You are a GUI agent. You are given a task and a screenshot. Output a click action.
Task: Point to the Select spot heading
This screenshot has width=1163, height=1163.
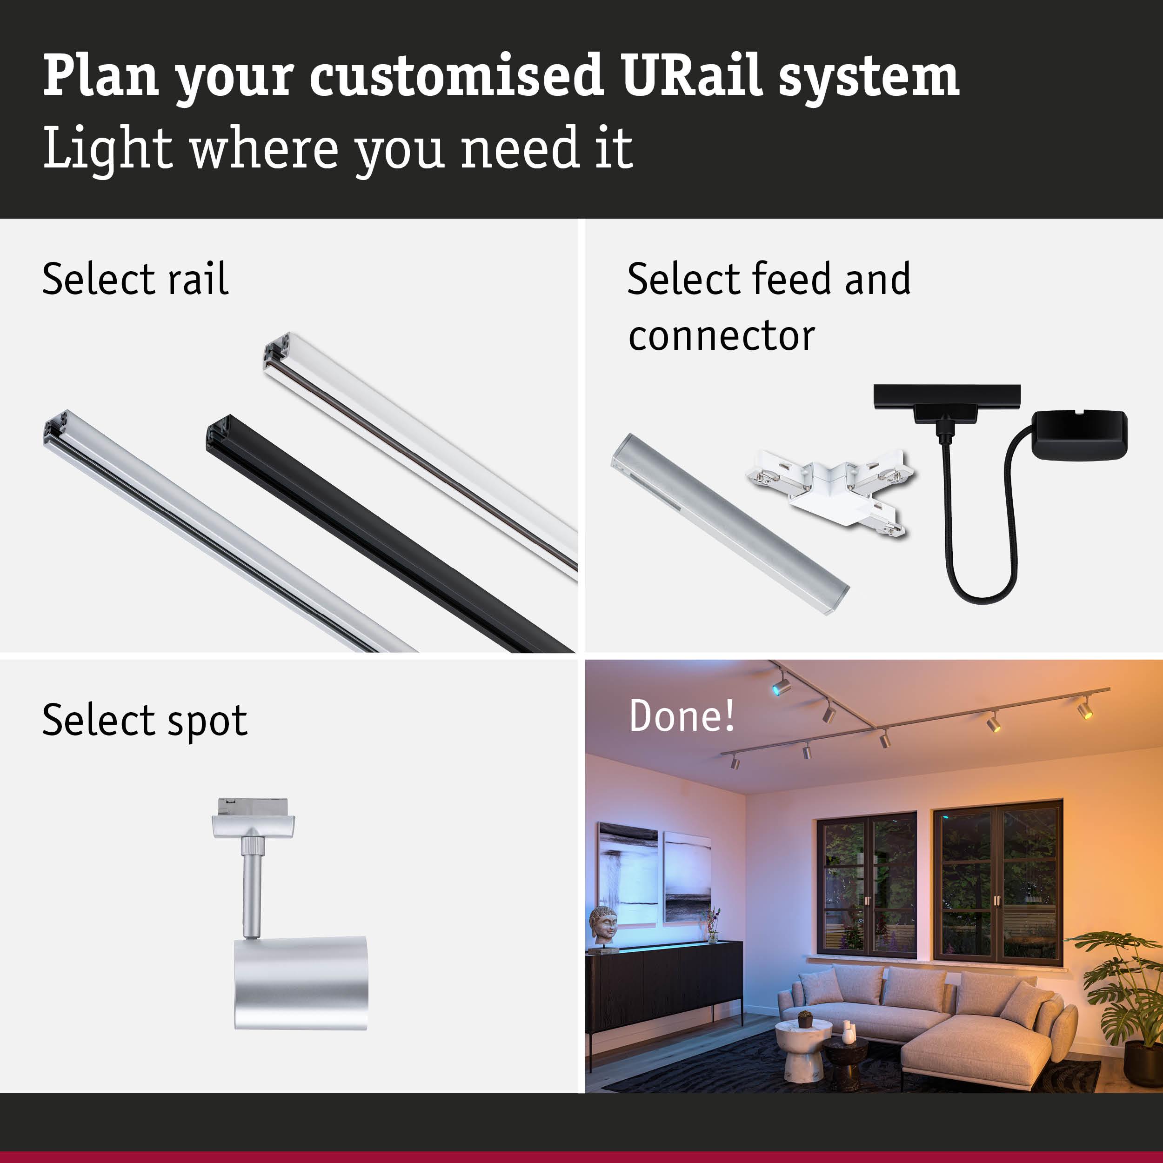pos(145,720)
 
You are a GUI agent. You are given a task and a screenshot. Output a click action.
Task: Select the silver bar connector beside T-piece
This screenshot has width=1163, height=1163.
pos(730,524)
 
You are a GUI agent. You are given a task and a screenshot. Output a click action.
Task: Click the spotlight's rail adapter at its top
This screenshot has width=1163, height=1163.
pos(254,819)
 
